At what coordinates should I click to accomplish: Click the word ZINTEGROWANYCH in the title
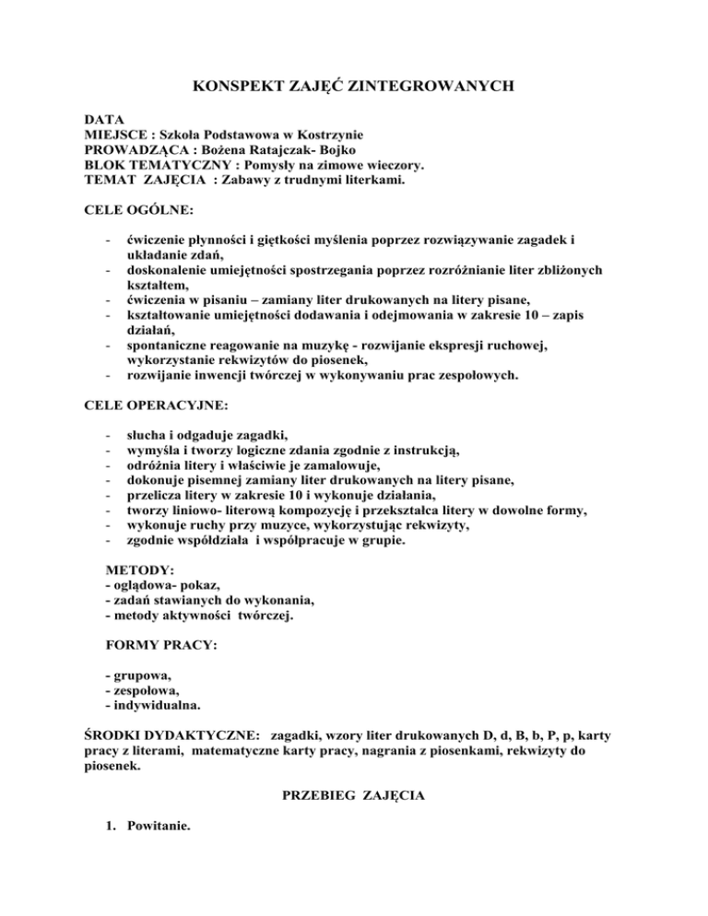[x=424, y=88]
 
